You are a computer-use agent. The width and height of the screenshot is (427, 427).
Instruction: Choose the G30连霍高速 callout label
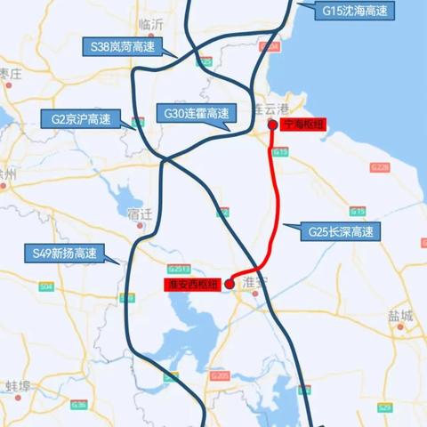click(x=196, y=113)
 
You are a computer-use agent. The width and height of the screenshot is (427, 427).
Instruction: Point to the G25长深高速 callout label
click(x=342, y=232)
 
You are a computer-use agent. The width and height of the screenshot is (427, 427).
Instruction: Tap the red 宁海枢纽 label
click(x=302, y=125)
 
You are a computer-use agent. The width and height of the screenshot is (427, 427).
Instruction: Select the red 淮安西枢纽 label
click(x=191, y=284)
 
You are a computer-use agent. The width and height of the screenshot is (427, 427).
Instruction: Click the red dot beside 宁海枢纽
click(x=273, y=125)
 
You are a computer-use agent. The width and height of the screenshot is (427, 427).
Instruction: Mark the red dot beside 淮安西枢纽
click(x=229, y=284)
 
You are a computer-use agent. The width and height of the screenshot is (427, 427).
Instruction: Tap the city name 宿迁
click(x=141, y=213)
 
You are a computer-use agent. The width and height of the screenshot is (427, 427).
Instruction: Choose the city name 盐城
click(x=400, y=316)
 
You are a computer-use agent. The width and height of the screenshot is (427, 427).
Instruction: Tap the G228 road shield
click(x=380, y=167)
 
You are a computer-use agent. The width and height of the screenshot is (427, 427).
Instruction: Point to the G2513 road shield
click(x=179, y=269)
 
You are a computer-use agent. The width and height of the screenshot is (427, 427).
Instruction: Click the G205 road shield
click(x=221, y=376)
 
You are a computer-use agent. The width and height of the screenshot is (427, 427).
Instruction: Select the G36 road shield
click(x=79, y=405)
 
